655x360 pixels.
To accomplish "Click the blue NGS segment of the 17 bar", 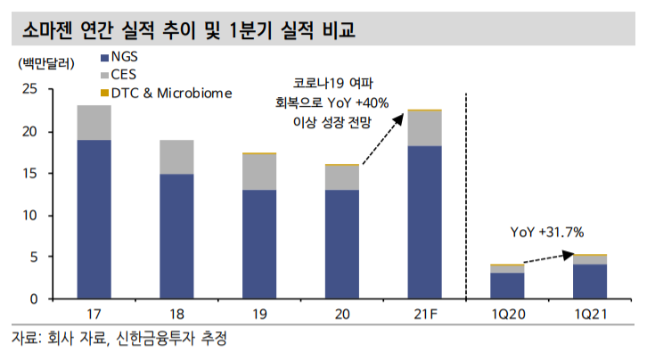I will [x=94, y=218].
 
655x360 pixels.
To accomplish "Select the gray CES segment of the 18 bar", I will [x=176, y=157].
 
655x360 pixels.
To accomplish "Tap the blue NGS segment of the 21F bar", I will [x=424, y=222].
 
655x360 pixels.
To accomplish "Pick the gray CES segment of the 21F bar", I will [x=424, y=128].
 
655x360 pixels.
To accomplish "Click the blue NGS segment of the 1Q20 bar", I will [x=507, y=285].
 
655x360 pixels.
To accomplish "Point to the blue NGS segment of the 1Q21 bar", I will [x=590, y=281].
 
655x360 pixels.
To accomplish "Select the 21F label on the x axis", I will [x=424, y=315].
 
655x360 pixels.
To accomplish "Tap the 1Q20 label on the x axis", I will [x=507, y=315].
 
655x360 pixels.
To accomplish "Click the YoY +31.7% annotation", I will [x=546, y=233].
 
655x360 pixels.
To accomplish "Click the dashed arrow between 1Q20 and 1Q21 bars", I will [x=546, y=258].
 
